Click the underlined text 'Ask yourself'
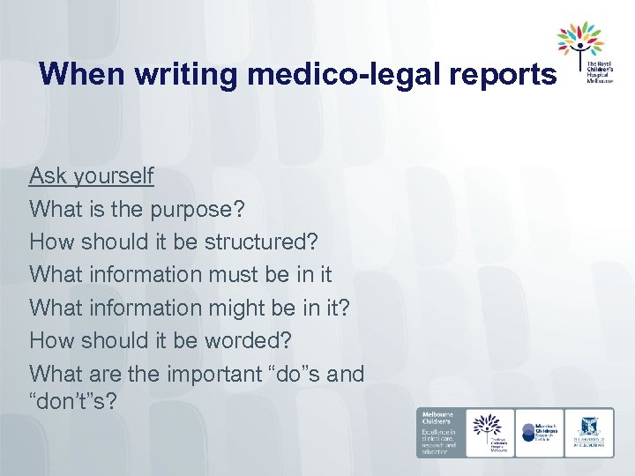pyautogui.click(x=91, y=176)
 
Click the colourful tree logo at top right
pyautogui.click(x=579, y=41)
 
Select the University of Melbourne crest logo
pyautogui.click(x=589, y=432)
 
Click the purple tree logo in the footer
pyautogui.click(x=489, y=432)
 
